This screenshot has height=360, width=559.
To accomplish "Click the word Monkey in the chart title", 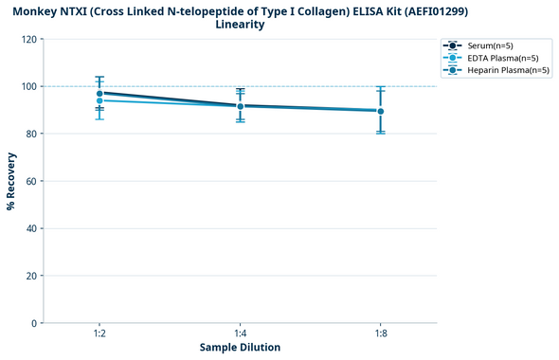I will pos(40,10).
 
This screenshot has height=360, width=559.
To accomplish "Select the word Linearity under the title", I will pos(240,25).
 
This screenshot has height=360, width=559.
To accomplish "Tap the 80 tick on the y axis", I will pos(31,134).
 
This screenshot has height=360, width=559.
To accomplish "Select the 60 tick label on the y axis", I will pos(31,181).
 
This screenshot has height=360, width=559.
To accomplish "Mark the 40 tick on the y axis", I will pos(31,228).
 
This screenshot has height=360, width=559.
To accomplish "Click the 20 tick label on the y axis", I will pos(31,276).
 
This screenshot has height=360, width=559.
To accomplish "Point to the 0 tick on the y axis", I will pos(34,323).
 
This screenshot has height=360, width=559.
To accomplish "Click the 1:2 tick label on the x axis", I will pos(99,334).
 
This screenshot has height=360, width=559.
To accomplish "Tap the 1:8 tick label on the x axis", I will pos(381,334).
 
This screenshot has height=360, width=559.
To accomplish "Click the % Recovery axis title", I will pos(11,181).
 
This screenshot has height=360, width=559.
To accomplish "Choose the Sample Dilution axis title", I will pos(240,348).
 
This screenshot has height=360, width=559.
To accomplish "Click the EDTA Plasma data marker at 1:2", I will pos(99,100).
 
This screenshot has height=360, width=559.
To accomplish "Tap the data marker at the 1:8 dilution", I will pos(381,111).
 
